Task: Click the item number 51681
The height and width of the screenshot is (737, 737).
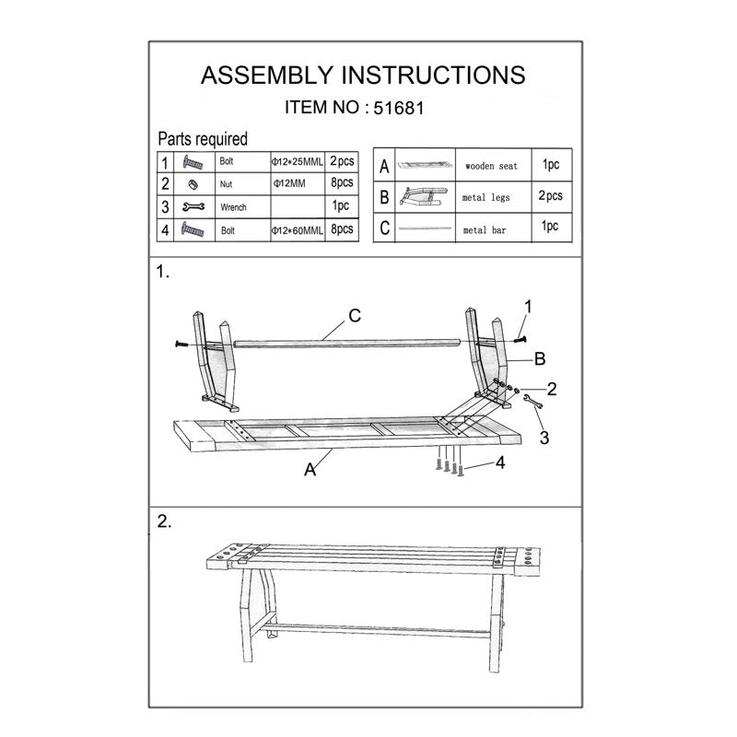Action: pos(399,108)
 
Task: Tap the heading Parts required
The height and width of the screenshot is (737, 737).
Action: pos(203,139)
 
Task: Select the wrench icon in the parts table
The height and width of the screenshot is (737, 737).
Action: pos(193,206)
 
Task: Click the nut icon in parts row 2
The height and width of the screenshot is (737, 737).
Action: pos(193,184)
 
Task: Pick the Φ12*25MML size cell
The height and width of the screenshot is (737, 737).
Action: pos(297,162)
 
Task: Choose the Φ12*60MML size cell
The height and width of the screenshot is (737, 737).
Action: pos(297,231)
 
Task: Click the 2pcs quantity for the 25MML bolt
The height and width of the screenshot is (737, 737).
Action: pos(342,161)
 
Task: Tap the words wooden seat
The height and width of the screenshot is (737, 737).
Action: pos(491,166)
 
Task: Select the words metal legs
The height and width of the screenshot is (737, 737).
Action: pos(486,197)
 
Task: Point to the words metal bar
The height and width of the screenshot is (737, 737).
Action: pos(485,230)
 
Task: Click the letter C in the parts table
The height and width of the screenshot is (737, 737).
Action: pos(384,228)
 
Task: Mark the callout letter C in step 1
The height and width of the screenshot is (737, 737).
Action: pos(355,315)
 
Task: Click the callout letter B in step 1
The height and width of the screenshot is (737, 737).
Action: pos(540,359)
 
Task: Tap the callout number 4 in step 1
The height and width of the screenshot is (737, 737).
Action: pos(500,462)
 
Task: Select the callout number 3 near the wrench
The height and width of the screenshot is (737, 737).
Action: pos(544,438)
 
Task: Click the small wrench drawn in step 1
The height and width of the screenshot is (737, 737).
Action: pos(533,401)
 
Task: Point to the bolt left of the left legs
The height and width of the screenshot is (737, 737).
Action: pos(181,345)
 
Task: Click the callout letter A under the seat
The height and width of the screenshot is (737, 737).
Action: pos(310,470)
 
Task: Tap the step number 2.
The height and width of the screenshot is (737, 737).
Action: pos(164,521)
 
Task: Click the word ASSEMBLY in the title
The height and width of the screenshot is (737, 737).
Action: pos(267,76)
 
